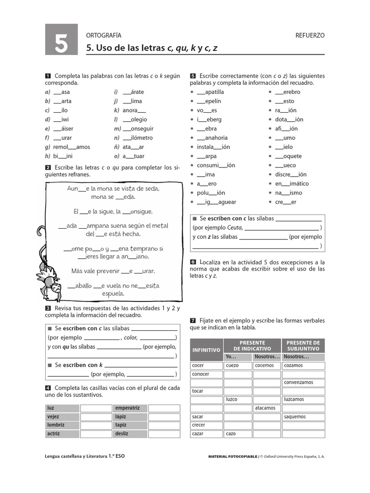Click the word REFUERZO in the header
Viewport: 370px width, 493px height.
[x=310, y=36]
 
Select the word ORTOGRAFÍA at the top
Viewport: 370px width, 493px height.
[x=104, y=36]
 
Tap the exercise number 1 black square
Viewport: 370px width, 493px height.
[x=48, y=76]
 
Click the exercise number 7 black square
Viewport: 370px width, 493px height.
[x=193, y=321]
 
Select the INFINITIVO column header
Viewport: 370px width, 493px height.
[x=206, y=350]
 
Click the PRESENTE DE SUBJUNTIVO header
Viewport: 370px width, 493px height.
[x=303, y=345]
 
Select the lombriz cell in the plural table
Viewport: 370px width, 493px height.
[x=62, y=425]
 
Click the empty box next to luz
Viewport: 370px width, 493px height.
[x=96, y=408]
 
